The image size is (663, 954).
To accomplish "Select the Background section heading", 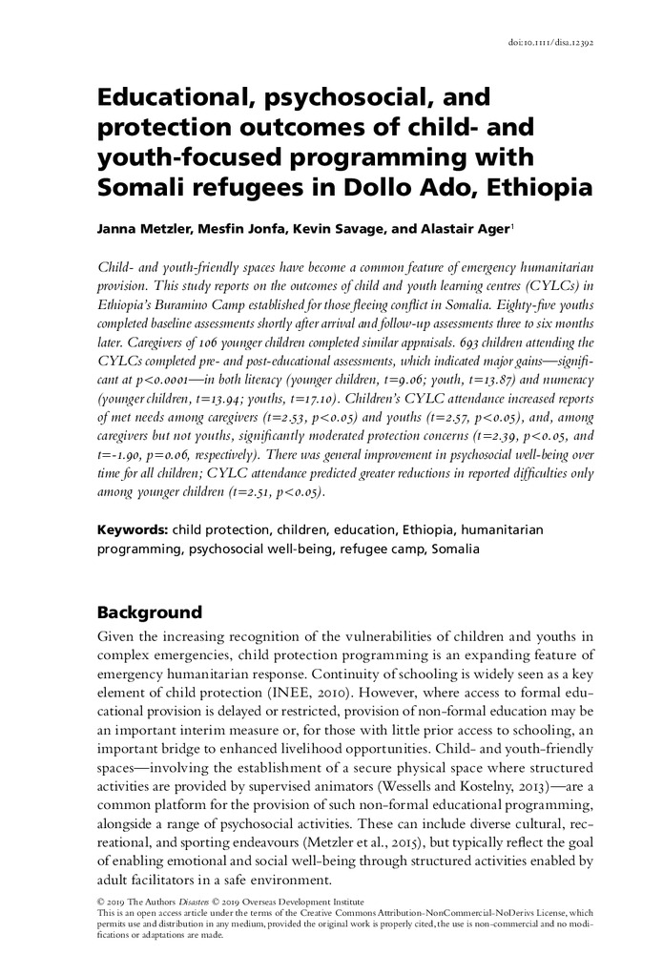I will coord(150,612).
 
